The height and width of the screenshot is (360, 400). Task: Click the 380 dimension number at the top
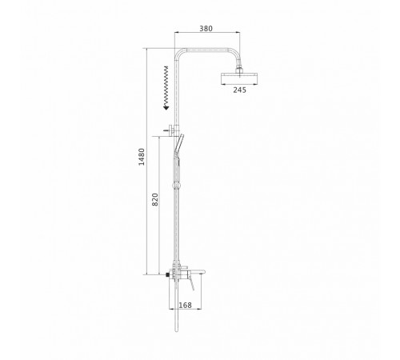pyautogui.click(x=206, y=28)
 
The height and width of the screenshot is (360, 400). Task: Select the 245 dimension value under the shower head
pyautogui.click(x=240, y=90)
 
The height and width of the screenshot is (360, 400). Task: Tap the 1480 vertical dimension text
pyautogui.click(x=142, y=157)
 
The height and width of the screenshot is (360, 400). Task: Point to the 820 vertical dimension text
pyautogui.click(x=155, y=199)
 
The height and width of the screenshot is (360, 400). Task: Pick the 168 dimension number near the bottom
pyautogui.click(x=185, y=305)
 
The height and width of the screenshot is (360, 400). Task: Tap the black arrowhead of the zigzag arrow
pyautogui.click(x=166, y=107)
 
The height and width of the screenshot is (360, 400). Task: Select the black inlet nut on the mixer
pyautogui.click(x=167, y=274)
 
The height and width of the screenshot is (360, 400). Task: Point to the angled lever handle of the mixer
pyautogui.click(x=190, y=285)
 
